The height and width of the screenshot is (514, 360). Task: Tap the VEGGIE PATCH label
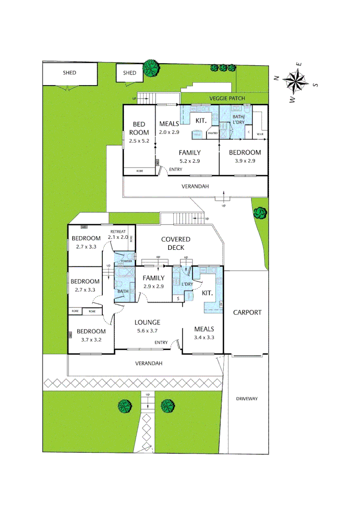(x=227, y=99)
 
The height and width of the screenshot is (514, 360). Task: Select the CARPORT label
(x=247, y=313)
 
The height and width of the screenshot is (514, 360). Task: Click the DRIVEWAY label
(x=247, y=399)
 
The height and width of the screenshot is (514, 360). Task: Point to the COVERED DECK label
(x=175, y=243)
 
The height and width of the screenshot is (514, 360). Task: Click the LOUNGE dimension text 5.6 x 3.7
(x=147, y=331)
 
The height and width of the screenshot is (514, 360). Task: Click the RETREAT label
(x=118, y=231)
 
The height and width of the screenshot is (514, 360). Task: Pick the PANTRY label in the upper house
(x=212, y=134)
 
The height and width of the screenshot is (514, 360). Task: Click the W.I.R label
(x=260, y=134)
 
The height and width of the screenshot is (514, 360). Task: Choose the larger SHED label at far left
(x=70, y=73)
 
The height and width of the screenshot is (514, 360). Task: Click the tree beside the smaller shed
(x=151, y=68)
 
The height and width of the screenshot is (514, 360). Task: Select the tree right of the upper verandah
(x=260, y=212)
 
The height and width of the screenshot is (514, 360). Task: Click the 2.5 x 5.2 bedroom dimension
(x=139, y=141)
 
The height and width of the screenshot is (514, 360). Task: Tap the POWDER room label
(x=126, y=261)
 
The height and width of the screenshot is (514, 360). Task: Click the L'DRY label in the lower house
(x=187, y=284)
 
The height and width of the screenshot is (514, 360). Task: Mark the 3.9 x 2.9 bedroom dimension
(x=245, y=161)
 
